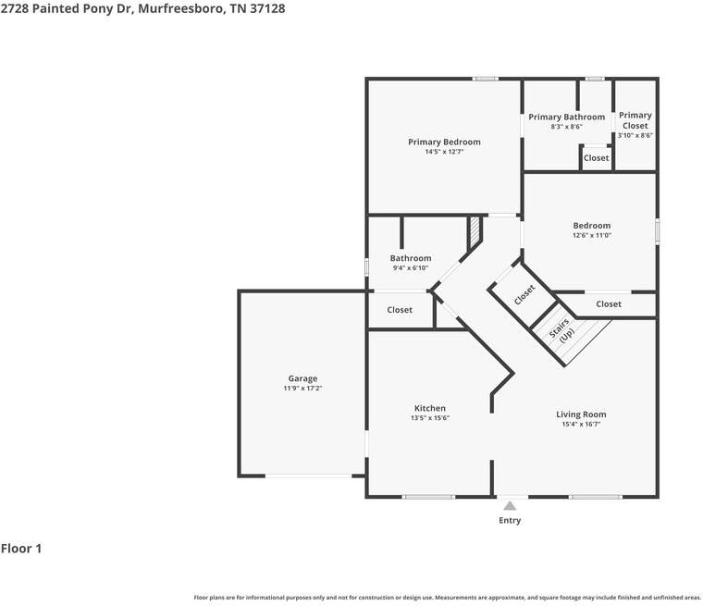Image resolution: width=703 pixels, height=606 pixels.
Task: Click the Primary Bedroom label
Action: click(x=444, y=142)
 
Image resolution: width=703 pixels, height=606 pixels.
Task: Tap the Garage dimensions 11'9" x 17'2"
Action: click(x=302, y=389)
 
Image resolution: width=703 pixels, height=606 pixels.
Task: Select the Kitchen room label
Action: click(x=429, y=408)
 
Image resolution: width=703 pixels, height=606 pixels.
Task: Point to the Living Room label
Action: click(x=581, y=414)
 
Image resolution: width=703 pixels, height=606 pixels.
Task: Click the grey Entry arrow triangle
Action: click(x=510, y=505)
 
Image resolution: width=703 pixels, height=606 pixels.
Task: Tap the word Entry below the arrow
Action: click(x=510, y=520)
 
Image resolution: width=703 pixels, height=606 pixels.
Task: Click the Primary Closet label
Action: click(x=635, y=120)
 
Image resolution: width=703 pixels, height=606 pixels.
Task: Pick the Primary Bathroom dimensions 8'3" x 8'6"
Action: click(x=566, y=127)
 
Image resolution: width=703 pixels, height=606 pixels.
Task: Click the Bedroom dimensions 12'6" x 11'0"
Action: click(x=591, y=235)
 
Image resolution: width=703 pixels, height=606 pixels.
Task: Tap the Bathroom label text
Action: click(x=410, y=258)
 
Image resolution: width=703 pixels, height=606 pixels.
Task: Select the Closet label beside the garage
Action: click(x=400, y=310)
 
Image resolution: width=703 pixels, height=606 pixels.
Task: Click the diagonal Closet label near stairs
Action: click(x=524, y=294)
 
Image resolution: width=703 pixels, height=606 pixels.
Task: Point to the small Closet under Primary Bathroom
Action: click(x=597, y=158)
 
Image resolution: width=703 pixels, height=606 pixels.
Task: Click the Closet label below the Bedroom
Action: click(x=609, y=304)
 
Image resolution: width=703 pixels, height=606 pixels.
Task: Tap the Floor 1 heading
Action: click(x=21, y=549)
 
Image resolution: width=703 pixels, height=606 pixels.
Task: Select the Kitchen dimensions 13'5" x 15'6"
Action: click(x=429, y=418)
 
